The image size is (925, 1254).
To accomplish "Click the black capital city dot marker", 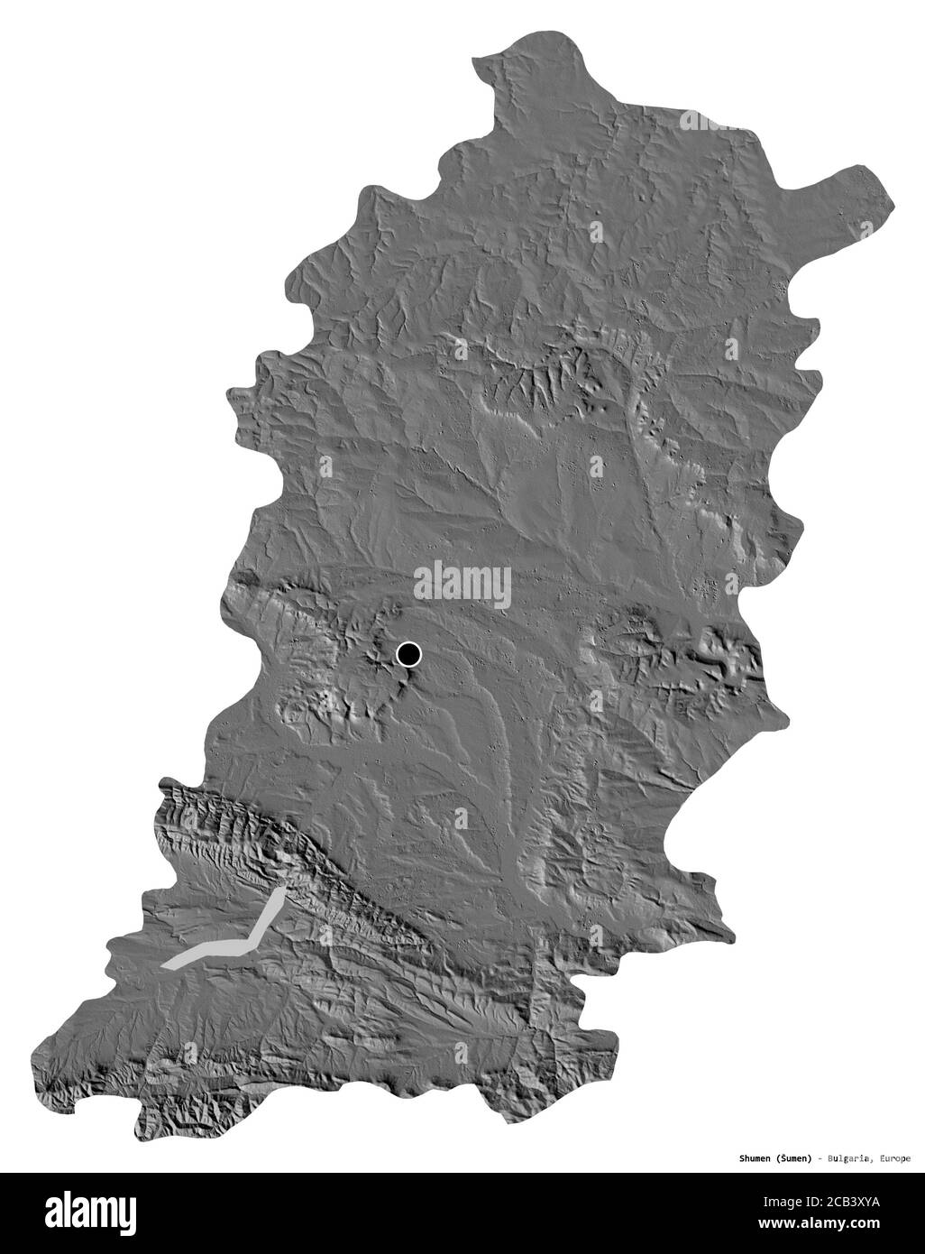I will coord(408,654).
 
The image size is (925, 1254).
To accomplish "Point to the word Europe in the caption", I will coord(893,1157).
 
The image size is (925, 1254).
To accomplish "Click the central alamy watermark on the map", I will coord(462,584).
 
